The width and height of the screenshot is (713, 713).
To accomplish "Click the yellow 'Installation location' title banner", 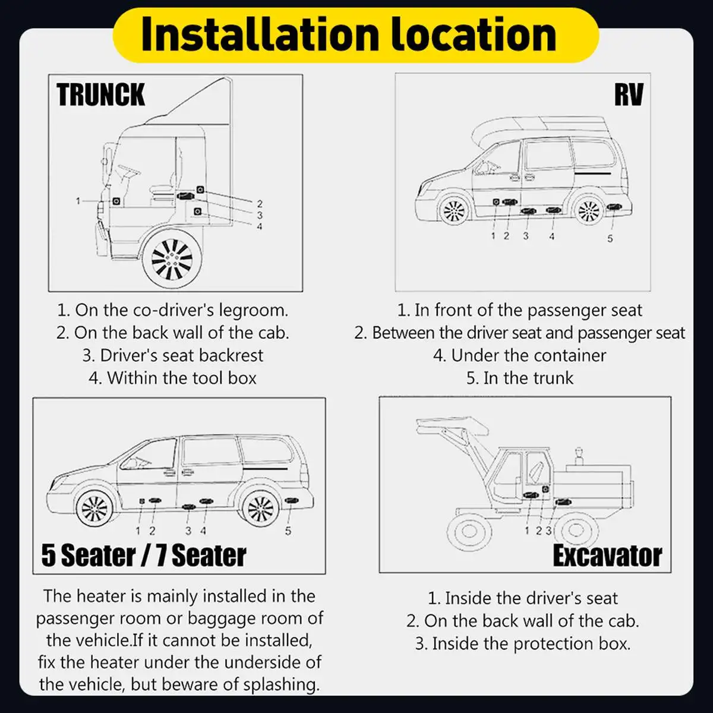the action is [355, 34].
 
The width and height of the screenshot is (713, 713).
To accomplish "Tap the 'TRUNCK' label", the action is [101, 95].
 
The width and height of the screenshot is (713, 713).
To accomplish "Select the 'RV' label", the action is [629, 95].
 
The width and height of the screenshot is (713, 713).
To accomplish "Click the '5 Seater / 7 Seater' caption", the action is [144, 556].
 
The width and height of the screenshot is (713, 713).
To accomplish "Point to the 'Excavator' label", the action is [607, 556].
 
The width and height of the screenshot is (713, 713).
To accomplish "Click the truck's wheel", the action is [172, 258].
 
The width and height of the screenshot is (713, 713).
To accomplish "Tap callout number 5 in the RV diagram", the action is [610, 239].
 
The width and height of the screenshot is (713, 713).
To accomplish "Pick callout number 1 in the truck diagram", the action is [78, 201].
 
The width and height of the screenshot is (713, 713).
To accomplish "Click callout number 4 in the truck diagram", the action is [260, 226].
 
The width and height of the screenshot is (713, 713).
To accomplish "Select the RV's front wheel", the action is [454, 210].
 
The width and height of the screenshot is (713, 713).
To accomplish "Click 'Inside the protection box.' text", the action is [523, 643].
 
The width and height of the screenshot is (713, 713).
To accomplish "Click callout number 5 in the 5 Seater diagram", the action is [288, 531].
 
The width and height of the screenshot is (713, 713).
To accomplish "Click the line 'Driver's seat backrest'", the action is [173, 355].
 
